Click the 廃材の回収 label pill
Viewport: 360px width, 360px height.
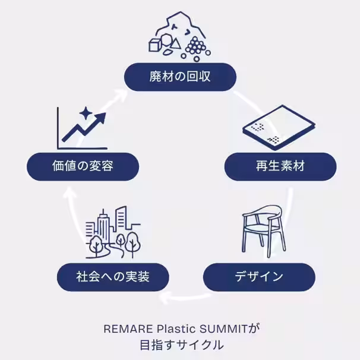(180, 77)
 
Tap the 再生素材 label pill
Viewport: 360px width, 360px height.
(280, 166)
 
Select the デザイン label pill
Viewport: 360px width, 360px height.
(259, 277)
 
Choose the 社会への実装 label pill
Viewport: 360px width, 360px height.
(113, 277)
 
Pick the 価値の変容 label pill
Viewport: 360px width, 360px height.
(83, 166)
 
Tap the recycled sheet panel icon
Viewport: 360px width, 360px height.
(279, 127)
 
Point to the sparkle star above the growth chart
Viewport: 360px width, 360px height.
(86, 113)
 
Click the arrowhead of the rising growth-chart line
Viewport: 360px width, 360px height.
(100, 118)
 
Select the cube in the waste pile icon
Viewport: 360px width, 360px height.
(154, 45)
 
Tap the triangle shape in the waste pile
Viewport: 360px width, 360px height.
(176, 43)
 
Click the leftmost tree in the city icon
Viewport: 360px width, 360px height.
(95, 245)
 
